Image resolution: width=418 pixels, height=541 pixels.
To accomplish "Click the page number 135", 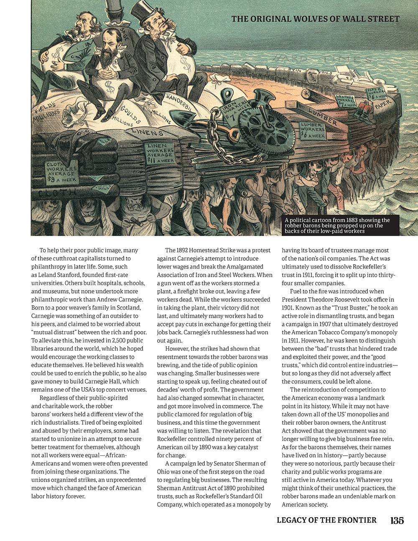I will tap(397, 521).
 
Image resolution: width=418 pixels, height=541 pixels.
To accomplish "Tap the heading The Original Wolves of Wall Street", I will tap(315, 19).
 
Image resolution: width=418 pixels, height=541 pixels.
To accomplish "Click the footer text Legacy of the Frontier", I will tap(326, 520).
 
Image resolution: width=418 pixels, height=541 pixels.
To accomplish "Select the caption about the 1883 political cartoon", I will tap(337, 225).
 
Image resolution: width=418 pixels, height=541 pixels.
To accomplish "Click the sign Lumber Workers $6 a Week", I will tap(313, 130).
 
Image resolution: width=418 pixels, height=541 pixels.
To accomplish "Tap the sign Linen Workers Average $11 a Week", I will tap(160, 153).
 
